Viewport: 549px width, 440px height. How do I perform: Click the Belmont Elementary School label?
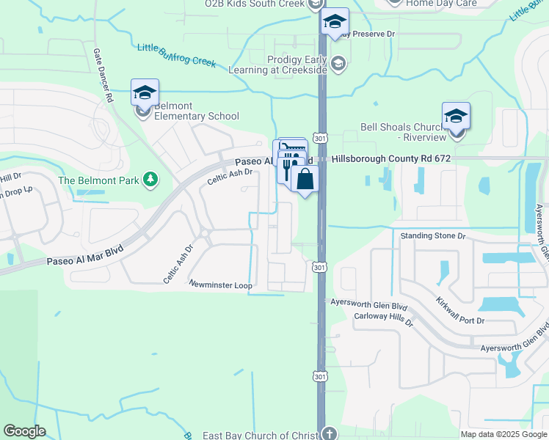tap(196, 116)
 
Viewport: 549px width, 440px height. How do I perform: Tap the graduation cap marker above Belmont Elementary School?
tap(145, 92)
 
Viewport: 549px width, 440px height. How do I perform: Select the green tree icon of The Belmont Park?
tap(150, 179)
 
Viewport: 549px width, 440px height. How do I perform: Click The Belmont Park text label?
tap(99, 180)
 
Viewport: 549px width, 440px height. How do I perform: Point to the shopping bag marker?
tap(305, 179)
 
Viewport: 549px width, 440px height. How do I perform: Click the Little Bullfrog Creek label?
tap(176, 56)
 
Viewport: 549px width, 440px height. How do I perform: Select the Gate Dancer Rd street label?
tap(103, 76)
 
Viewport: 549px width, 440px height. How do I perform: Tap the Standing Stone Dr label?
tap(433, 236)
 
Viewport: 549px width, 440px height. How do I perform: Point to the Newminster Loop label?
tap(220, 285)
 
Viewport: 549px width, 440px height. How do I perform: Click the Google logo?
tap(24, 431)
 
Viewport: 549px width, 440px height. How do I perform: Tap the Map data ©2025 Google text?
tap(503, 434)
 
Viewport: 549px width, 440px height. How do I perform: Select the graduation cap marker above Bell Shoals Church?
tap(456, 115)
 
